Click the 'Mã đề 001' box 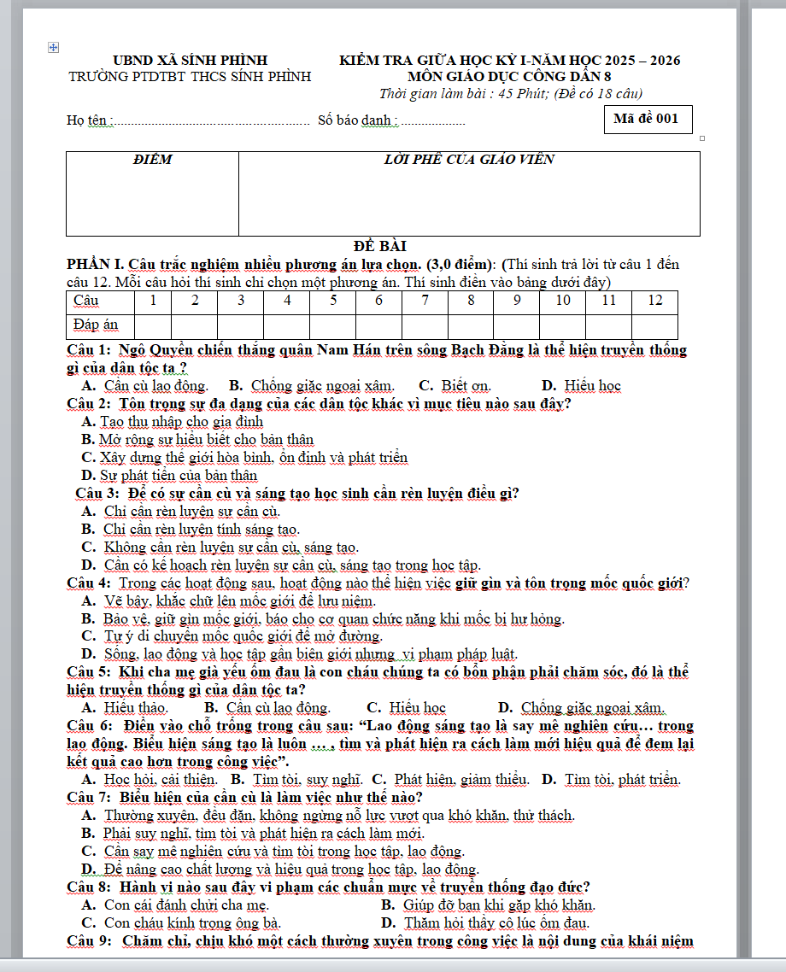pyautogui.click(x=646, y=119)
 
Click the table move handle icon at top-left pyautogui.click(x=54, y=48)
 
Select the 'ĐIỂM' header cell pyautogui.click(x=153, y=160)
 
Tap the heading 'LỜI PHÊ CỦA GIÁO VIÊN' pyautogui.click(x=469, y=160)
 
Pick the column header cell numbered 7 pyautogui.click(x=425, y=301)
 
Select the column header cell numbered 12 pyautogui.click(x=654, y=301)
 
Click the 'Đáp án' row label pyautogui.click(x=96, y=325)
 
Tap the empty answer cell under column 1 pyautogui.click(x=152, y=326)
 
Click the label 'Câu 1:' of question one pyautogui.click(x=89, y=350)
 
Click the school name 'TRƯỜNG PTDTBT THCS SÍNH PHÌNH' pyautogui.click(x=191, y=76)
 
